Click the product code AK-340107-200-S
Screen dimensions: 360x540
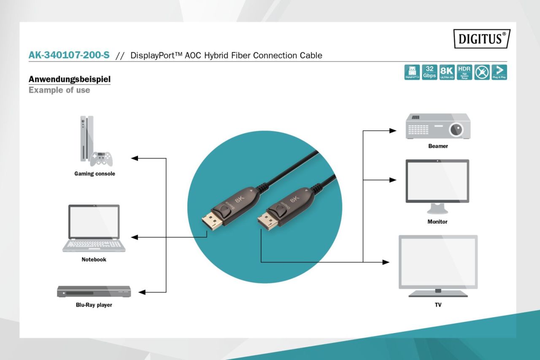pyautogui.click(x=69, y=55)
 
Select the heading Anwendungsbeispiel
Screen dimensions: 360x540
pyautogui.click(x=70, y=79)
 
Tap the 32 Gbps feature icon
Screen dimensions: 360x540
pyautogui.click(x=429, y=72)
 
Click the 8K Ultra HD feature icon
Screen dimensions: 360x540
pyautogui.click(x=447, y=72)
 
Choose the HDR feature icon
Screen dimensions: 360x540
pyautogui.click(x=464, y=72)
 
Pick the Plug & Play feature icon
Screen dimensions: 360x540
pyautogui.click(x=499, y=72)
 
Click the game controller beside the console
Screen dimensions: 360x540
pyautogui.click(x=101, y=159)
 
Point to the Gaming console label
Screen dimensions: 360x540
pyautogui.click(x=94, y=173)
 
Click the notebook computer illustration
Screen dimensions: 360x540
pyautogui.click(x=94, y=228)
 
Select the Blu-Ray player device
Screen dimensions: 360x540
pyautogui.click(x=94, y=291)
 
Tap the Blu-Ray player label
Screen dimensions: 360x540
pyautogui.click(x=91, y=305)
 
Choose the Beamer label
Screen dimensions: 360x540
pyautogui.click(x=438, y=146)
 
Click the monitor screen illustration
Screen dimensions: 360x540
pyautogui.click(x=437, y=181)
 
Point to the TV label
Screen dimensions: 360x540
pyautogui.click(x=438, y=304)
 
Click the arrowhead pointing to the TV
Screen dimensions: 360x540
pyautogui.click(x=386, y=262)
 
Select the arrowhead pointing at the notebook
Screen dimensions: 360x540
pyautogui.click(x=135, y=238)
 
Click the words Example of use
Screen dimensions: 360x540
pyautogui.click(x=59, y=90)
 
